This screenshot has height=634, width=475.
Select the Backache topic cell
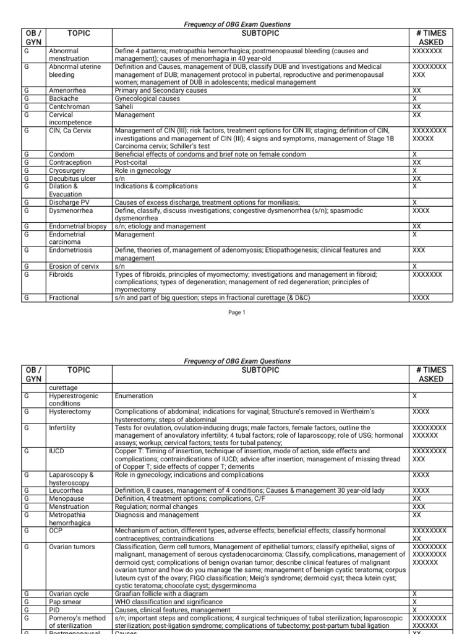(64, 98)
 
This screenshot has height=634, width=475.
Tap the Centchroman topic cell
(70, 106)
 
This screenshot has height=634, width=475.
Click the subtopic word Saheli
(125, 106)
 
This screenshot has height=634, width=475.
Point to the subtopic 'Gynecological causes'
(147, 98)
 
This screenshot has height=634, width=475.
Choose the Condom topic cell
(61, 154)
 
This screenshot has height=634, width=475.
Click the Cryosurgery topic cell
(66, 170)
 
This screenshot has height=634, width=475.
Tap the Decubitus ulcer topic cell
(71, 178)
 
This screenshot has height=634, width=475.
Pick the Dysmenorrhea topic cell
(71, 211)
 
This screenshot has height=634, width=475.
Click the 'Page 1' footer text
(237, 313)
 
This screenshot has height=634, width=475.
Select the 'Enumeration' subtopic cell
(134, 396)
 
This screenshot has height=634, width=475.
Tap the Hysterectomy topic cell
(70, 412)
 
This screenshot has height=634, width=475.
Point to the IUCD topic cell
(58, 451)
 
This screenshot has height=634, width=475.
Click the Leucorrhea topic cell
(66, 490)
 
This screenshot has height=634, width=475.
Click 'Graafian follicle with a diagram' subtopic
(164, 594)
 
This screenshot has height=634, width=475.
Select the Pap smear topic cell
(65, 602)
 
